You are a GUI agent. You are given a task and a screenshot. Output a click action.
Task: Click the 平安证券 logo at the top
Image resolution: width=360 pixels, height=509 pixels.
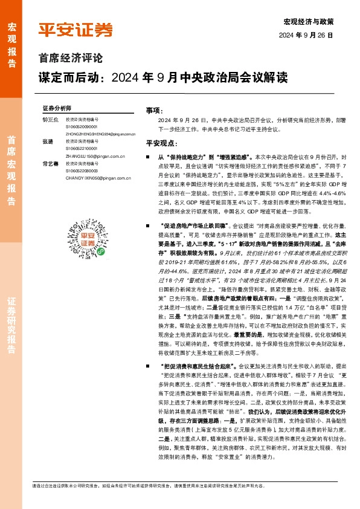click(x=76, y=30)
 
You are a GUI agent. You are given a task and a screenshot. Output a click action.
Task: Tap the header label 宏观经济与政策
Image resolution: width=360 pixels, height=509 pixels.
click(x=308, y=22)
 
